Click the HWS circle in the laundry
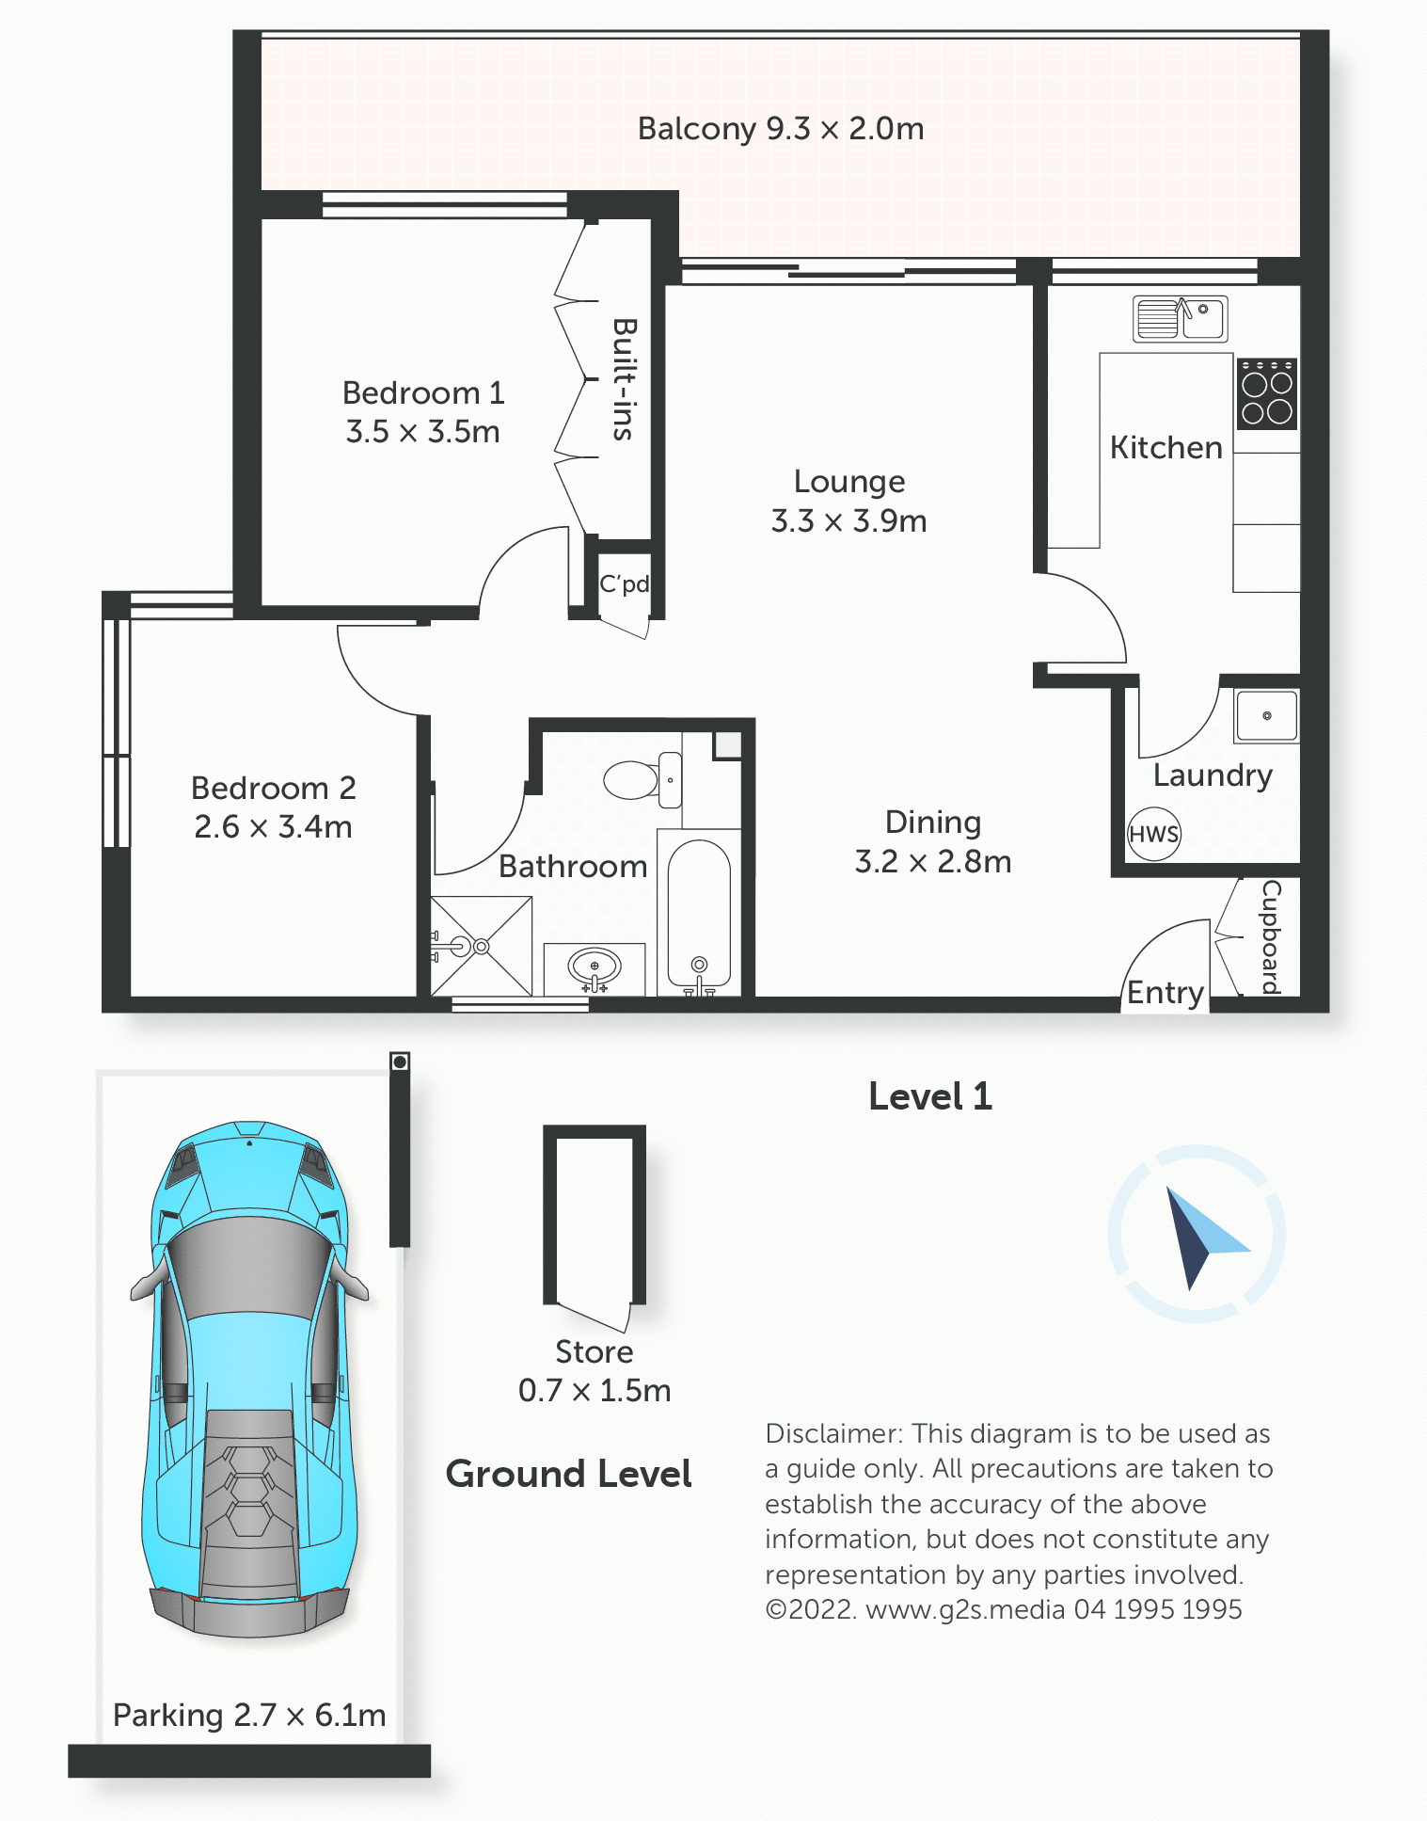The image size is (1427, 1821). click(x=1154, y=834)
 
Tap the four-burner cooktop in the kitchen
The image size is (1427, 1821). click(x=1267, y=393)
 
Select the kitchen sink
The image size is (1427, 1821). click(x=1181, y=318)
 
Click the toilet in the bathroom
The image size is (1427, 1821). click(x=643, y=779)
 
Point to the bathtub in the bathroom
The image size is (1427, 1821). click(x=699, y=913)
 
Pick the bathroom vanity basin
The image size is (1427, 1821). click(x=595, y=966)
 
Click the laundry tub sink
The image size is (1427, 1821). click(x=1267, y=716)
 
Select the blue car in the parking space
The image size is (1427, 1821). click(x=250, y=1379)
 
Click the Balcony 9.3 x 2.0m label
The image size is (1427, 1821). click(x=781, y=128)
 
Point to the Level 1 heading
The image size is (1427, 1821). click(x=930, y=1096)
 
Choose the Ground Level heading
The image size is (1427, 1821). click(x=569, y=1474)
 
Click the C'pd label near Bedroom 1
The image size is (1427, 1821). click(x=625, y=583)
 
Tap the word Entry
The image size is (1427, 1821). click(x=1165, y=993)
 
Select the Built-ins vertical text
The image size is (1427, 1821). click(x=624, y=379)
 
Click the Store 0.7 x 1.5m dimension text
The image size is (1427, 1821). click(x=595, y=1390)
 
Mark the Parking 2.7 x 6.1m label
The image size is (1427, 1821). click(x=249, y=1716)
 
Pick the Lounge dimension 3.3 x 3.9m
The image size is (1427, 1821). click(x=848, y=520)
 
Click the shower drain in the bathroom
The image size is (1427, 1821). click(x=481, y=946)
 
